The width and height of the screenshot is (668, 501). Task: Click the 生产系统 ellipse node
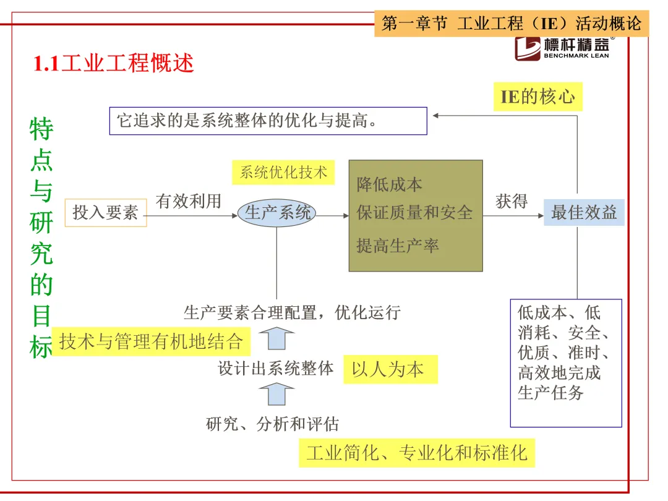pyautogui.click(x=276, y=213)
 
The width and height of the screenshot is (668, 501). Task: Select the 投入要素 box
pyautogui.click(x=106, y=213)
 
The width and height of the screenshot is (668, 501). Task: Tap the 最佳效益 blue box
pyautogui.click(x=584, y=212)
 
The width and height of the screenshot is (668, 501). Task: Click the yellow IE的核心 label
pyautogui.click(x=537, y=97)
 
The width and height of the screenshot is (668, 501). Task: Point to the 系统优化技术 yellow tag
pyautogui.click(x=283, y=173)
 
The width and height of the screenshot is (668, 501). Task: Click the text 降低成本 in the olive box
pyautogui.click(x=390, y=184)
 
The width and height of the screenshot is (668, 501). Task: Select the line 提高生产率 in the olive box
pyautogui.click(x=398, y=246)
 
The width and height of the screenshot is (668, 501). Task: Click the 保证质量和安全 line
pyautogui.click(x=414, y=213)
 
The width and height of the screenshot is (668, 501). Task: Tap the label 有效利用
pyautogui.click(x=188, y=201)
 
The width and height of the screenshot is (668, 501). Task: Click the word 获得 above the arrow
pyautogui.click(x=512, y=201)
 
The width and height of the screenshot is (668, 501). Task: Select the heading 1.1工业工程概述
pyautogui.click(x=114, y=63)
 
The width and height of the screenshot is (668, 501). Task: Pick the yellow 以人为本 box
pyautogui.click(x=390, y=369)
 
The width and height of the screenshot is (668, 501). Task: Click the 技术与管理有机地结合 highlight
pyautogui.click(x=150, y=341)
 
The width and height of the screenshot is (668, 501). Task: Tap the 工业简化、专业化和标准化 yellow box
pyautogui.click(x=416, y=453)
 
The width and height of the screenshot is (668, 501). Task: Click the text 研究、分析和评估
pyautogui.click(x=272, y=424)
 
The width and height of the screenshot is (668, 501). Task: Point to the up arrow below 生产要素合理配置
pyautogui.click(x=276, y=339)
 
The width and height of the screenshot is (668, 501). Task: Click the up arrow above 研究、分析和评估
pyautogui.click(x=276, y=393)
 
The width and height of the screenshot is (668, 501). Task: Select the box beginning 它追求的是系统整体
pyautogui.click(x=268, y=121)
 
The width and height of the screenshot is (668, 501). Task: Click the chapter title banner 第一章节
pyautogui.click(x=511, y=24)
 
